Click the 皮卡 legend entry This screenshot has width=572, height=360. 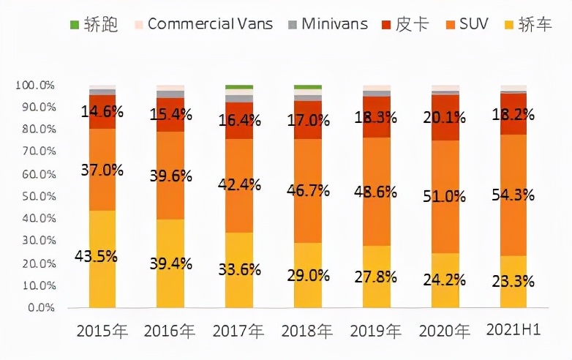pos(404,23)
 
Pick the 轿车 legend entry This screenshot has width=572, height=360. pos(536,23)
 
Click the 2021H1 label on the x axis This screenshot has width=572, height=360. pos(513,331)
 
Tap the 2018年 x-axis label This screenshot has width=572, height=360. pos(307,331)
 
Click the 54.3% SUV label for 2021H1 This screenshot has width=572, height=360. pos(513,195)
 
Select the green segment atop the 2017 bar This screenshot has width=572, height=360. pos(239,87)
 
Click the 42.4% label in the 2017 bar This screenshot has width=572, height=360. pos(239,184)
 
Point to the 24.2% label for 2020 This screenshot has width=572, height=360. pos(445,279)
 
